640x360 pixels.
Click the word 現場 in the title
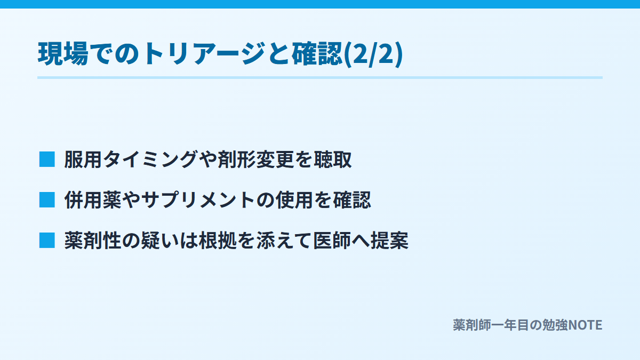(x=63, y=54)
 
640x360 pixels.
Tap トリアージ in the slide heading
(x=204, y=54)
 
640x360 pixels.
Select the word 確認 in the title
(x=317, y=54)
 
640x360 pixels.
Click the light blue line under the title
(x=320, y=77)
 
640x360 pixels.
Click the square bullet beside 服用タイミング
(x=47, y=159)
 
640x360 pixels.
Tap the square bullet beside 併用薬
(x=47, y=199)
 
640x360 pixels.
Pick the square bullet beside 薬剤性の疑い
(x=47, y=241)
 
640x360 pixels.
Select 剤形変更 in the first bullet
(x=256, y=159)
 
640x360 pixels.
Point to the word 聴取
(x=333, y=159)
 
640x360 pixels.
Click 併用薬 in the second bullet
(x=93, y=199)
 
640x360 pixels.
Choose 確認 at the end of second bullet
(x=352, y=199)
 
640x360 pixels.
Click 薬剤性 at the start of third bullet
(x=93, y=241)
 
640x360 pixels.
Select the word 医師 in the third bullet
(x=332, y=241)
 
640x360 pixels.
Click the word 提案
(x=389, y=241)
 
